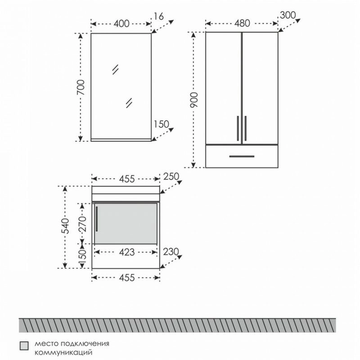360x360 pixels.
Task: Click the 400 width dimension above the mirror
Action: pos(121,24)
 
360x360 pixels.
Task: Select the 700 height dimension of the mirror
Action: pos(81,87)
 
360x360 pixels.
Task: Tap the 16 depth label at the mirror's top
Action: pos(158,16)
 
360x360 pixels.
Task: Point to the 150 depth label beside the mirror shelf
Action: pos(161,124)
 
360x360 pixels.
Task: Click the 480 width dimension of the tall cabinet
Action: pos(242,23)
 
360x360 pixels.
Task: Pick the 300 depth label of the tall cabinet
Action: pos(288,15)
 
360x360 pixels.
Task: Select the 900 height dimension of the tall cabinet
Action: pos(194,100)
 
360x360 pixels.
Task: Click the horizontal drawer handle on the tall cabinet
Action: pos(242,156)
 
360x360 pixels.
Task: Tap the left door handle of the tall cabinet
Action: pos(238,128)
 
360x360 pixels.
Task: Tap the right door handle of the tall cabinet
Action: pos(246,128)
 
